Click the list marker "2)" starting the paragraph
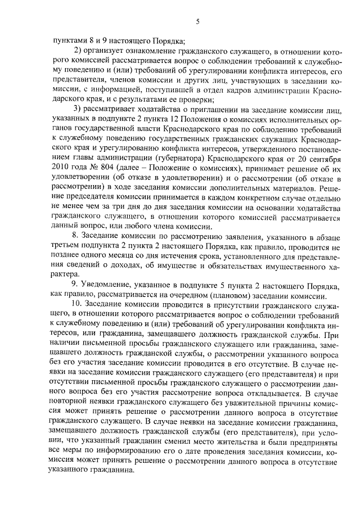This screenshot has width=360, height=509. pos(79,51)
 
